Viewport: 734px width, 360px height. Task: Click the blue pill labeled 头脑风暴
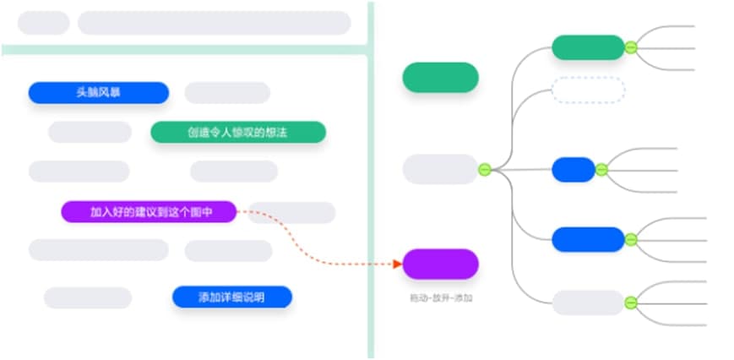[x=98, y=93]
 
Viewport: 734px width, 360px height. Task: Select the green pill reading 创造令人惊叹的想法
[x=237, y=133]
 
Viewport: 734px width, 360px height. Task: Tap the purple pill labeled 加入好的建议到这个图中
[x=149, y=212]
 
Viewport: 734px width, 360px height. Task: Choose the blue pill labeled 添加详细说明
[x=231, y=297]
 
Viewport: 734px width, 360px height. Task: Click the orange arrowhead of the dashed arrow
[x=397, y=264]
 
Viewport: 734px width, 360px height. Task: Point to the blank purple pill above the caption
[x=440, y=264]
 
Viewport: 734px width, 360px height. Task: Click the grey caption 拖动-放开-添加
[x=440, y=298]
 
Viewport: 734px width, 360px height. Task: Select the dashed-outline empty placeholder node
[x=588, y=89]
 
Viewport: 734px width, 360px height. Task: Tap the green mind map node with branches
[x=587, y=47]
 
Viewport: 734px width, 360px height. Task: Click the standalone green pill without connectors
[x=440, y=78]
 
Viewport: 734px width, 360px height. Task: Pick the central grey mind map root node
[x=439, y=169]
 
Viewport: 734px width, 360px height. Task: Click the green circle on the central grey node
[x=485, y=169]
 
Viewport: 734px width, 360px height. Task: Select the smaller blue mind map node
[x=574, y=170]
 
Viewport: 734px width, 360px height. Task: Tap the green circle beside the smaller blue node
[x=601, y=170]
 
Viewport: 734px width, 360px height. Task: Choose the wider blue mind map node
[x=588, y=239]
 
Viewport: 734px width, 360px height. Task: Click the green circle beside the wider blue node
[x=630, y=239]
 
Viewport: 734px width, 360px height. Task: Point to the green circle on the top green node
[x=630, y=47]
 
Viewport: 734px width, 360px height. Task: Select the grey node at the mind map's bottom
[x=588, y=303]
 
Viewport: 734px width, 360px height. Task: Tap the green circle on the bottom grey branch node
[x=630, y=303]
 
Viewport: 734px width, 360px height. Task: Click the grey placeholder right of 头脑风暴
[x=227, y=93]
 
